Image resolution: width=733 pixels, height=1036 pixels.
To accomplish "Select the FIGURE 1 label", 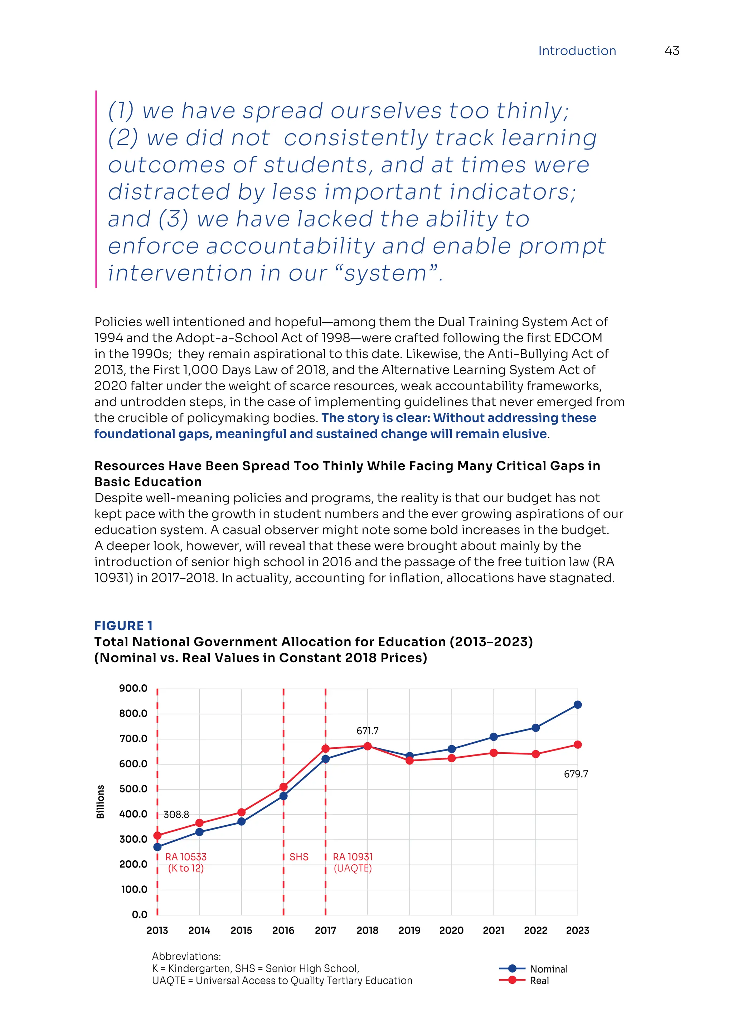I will (x=123, y=625).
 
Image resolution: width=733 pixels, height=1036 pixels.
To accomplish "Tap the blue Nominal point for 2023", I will (x=577, y=704).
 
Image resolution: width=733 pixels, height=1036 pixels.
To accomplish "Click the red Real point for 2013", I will (x=157, y=835).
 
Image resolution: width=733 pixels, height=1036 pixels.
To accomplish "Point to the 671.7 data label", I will (x=368, y=730).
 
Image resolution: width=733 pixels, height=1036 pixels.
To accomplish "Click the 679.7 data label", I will (x=576, y=774).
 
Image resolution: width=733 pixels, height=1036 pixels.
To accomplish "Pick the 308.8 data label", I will (x=176, y=815).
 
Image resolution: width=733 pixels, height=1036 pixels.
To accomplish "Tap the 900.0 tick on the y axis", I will (x=133, y=688).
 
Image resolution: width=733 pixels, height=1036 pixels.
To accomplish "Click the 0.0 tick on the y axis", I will (x=140, y=915).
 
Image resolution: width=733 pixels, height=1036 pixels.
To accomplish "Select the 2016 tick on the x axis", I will (x=283, y=930).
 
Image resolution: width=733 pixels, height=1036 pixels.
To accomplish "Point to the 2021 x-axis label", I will (x=493, y=930).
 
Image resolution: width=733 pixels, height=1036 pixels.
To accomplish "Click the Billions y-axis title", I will (x=100, y=802).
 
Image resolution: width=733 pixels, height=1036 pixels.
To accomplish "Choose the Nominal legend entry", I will (x=548, y=969).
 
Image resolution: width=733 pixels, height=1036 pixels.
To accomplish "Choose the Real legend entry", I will (x=539, y=981).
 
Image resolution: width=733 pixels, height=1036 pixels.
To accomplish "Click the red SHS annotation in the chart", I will (x=299, y=857).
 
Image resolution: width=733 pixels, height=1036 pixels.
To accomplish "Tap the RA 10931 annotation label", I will (x=353, y=857).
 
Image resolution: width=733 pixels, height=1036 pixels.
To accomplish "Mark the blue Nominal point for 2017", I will (x=325, y=759).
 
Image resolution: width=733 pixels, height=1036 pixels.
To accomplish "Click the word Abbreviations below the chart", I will (x=186, y=956).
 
